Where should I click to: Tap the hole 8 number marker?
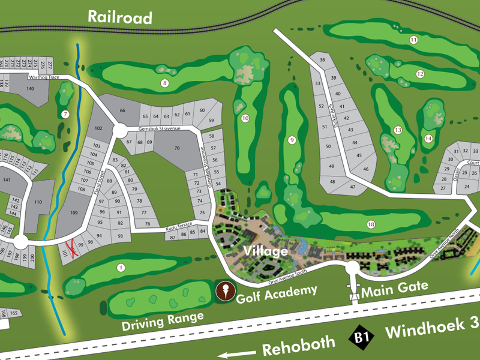(164, 83)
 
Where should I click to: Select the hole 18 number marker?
(371, 224)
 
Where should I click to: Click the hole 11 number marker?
(413, 40)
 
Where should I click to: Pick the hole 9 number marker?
(292, 140)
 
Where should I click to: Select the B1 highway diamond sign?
(360, 338)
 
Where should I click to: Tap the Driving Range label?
(163, 321)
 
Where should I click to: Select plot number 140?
(30, 88)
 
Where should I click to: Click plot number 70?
(177, 148)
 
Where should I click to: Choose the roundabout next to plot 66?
(118, 130)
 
